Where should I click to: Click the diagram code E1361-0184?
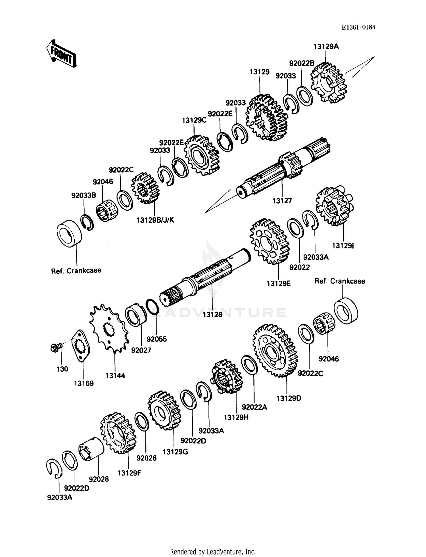[x=358, y=27]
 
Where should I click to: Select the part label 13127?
[x=282, y=201]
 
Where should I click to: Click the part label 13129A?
[x=326, y=47]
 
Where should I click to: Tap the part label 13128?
[x=212, y=314]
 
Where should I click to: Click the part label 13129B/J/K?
[x=155, y=220]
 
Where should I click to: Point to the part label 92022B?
[x=302, y=63]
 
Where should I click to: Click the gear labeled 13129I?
[x=334, y=206]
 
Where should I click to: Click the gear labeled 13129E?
[x=269, y=242]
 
